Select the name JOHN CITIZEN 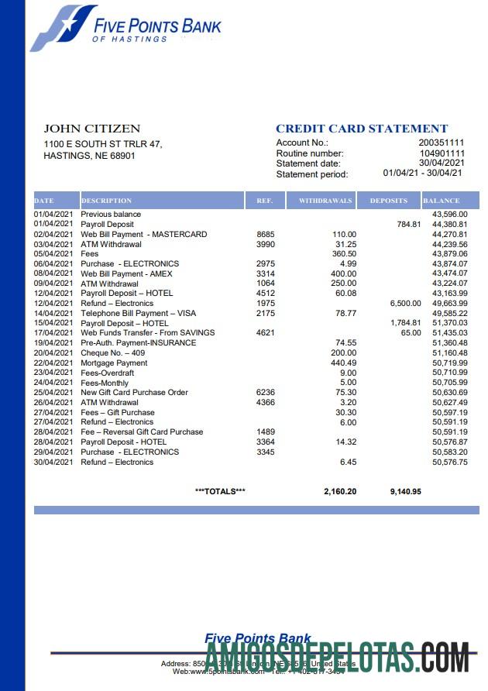point(91,129)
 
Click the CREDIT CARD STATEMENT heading point(362,129)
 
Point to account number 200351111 point(442,143)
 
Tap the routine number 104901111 point(442,153)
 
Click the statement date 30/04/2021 point(442,163)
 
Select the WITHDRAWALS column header point(325,201)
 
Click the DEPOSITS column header point(388,201)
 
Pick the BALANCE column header point(441,201)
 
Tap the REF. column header point(265,201)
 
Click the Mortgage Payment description point(114,363)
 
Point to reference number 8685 point(265,234)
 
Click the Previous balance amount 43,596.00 point(449,214)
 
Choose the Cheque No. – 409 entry point(112,352)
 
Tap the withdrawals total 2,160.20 point(340,491)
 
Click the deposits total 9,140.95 point(404,491)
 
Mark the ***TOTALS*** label point(220,491)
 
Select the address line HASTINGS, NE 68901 point(89,156)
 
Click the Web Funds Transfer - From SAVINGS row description point(148,332)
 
